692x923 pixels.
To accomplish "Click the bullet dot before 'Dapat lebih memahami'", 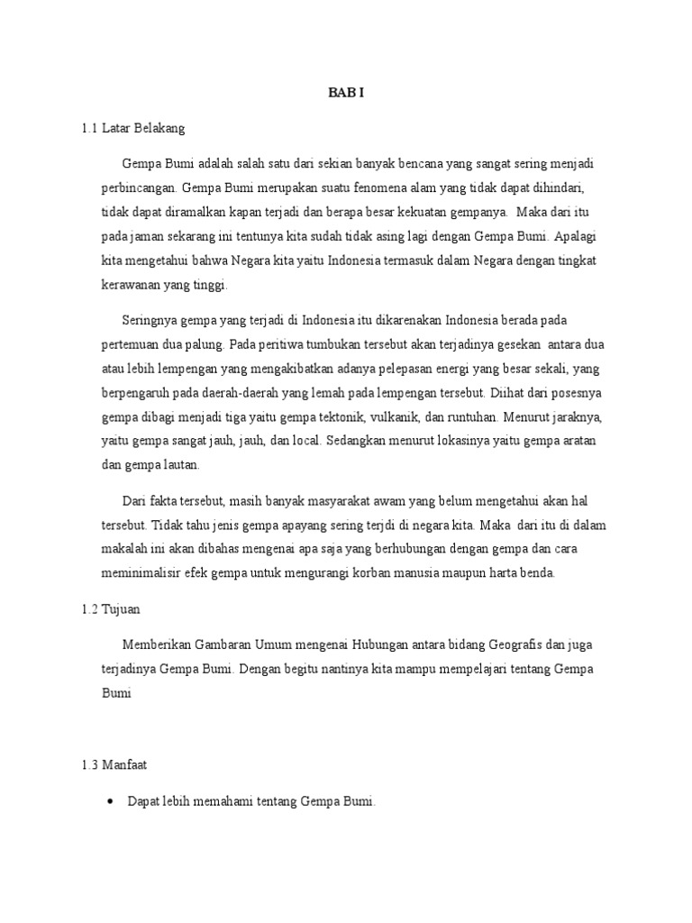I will pos(110,800).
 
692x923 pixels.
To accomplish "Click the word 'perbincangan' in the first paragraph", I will pos(139,189).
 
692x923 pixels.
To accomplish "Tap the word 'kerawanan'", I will pos(129,285).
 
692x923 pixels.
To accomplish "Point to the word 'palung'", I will pos(205,344).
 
